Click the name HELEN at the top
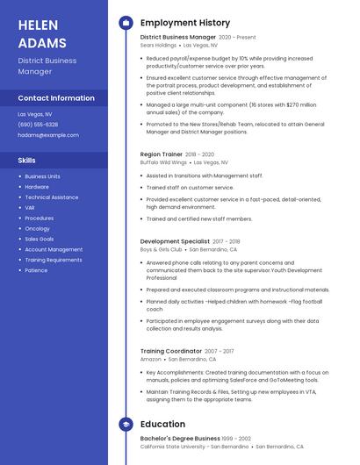click(39, 25)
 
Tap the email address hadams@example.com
click(48, 135)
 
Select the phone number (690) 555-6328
click(38, 125)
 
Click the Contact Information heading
click(56, 98)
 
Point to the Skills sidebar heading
click(27, 161)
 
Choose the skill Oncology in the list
click(37, 228)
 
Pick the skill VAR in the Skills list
click(31, 207)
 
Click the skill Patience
click(36, 270)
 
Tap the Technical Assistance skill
click(51, 197)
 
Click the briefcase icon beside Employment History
click(126, 23)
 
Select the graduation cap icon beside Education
click(126, 425)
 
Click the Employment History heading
click(184, 23)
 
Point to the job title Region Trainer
click(161, 154)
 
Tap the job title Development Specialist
click(175, 240)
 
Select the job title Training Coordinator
click(170, 351)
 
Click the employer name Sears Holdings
click(159, 45)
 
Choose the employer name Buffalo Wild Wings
click(163, 162)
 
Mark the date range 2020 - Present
click(237, 38)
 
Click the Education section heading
click(162, 425)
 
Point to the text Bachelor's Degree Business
click(180, 438)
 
